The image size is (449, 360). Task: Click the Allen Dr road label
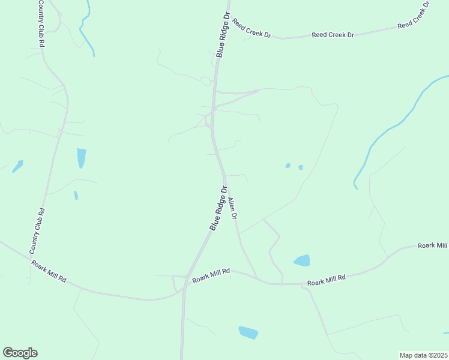233,208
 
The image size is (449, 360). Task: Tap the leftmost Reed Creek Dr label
252,28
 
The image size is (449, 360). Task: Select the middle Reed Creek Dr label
333,35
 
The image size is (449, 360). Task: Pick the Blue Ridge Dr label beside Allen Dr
218,208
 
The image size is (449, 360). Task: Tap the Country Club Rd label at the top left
41,24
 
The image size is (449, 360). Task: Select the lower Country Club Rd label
37,230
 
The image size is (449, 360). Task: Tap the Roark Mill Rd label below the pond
327,279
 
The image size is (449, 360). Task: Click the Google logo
20,353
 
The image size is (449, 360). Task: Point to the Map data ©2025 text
424,355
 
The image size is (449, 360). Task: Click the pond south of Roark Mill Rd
248,332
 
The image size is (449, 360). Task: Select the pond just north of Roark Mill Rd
302,260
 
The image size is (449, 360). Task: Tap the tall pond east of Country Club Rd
81,158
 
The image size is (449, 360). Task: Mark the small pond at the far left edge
17,166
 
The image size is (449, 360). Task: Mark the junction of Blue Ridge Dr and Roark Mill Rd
185,287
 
